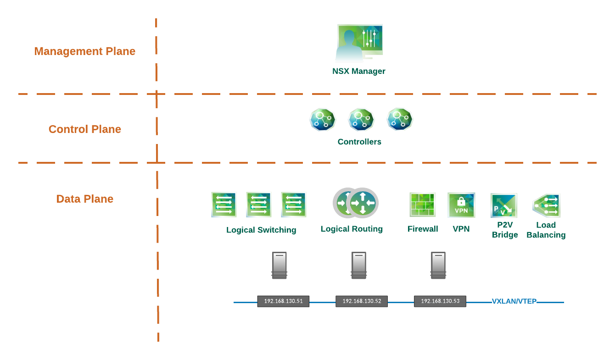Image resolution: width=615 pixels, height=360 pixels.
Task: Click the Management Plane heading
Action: (85, 51)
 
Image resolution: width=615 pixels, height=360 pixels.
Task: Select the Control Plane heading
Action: (85, 129)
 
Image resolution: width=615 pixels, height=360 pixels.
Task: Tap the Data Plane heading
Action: (85, 199)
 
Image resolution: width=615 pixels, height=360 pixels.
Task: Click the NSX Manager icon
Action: (359, 43)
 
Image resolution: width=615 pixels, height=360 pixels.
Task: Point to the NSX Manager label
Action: (359, 72)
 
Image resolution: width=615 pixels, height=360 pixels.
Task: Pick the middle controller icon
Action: (361, 120)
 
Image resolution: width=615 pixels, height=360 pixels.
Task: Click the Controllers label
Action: (359, 142)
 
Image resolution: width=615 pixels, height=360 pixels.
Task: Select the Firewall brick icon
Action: (422, 205)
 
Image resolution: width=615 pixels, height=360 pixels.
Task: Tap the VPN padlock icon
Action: (461, 205)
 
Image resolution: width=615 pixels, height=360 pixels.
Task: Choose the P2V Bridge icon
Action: (504, 205)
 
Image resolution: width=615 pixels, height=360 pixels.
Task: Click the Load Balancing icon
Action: (546, 205)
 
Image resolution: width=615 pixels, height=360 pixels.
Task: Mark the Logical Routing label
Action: (352, 229)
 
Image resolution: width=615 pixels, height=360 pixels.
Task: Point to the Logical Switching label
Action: (261, 230)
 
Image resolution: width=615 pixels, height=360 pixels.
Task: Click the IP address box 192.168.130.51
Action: (283, 301)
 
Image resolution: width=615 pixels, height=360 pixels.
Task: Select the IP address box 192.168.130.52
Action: (362, 301)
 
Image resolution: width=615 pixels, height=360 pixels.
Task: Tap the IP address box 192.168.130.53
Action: (440, 301)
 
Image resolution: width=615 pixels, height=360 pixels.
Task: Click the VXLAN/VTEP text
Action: (514, 302)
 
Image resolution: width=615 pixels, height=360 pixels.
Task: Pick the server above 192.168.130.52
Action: (359, 266)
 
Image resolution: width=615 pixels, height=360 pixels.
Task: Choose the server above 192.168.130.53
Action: (438, 266)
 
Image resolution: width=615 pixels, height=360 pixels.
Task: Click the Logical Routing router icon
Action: (356, 203)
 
